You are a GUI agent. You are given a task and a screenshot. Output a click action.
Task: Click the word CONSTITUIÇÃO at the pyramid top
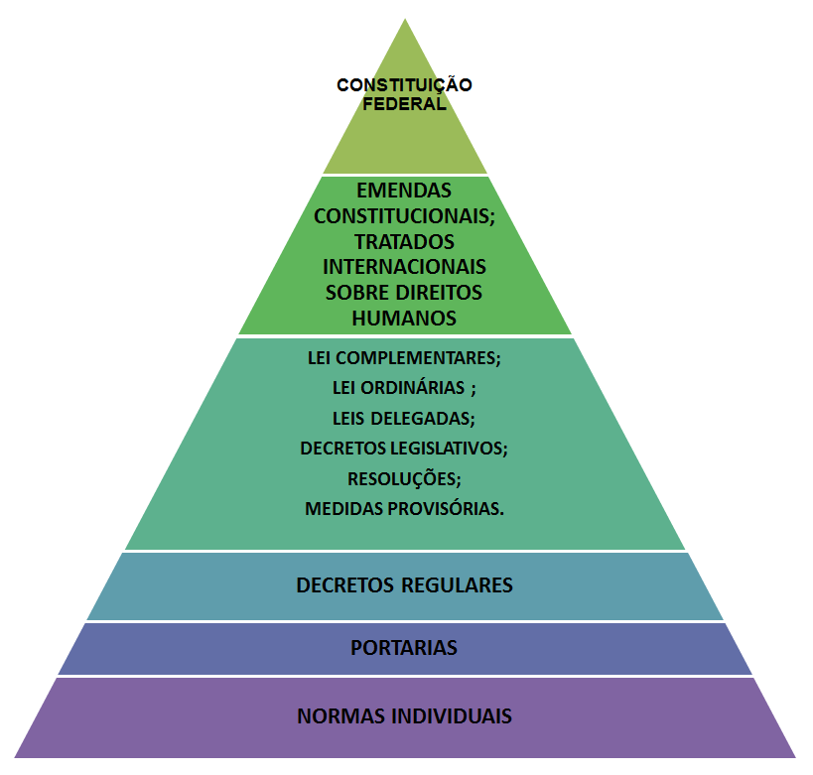[404, 84]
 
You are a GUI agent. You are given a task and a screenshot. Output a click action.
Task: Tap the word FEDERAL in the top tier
[404, 103]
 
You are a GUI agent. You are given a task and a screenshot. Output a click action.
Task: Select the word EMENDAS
[404, 191]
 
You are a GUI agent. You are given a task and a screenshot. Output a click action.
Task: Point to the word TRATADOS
[404, 241]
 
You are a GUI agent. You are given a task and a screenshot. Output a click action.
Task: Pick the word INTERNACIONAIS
[404, 267]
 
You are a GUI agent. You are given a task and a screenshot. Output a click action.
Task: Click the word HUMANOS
[404, 318]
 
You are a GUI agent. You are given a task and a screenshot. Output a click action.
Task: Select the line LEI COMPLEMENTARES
[404, 358]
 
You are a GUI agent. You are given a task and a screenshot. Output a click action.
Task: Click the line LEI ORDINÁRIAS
[404, 388]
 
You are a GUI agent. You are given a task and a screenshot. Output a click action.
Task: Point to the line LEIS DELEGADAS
[404, 419]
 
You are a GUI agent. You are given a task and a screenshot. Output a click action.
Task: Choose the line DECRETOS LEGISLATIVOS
[404, 449]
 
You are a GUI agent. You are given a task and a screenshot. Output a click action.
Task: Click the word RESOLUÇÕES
[403, 478]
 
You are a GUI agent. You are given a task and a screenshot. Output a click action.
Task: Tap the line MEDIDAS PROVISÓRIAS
[404, 508]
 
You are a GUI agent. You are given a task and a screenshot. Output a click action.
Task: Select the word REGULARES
[457, 585]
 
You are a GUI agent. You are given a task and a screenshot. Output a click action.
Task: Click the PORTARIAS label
[404, 648]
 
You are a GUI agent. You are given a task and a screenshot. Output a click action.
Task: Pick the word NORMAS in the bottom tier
[341, 716]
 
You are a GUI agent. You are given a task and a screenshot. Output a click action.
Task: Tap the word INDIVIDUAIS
[452, 716]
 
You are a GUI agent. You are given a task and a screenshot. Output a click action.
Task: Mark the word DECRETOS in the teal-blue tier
[345, 585]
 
